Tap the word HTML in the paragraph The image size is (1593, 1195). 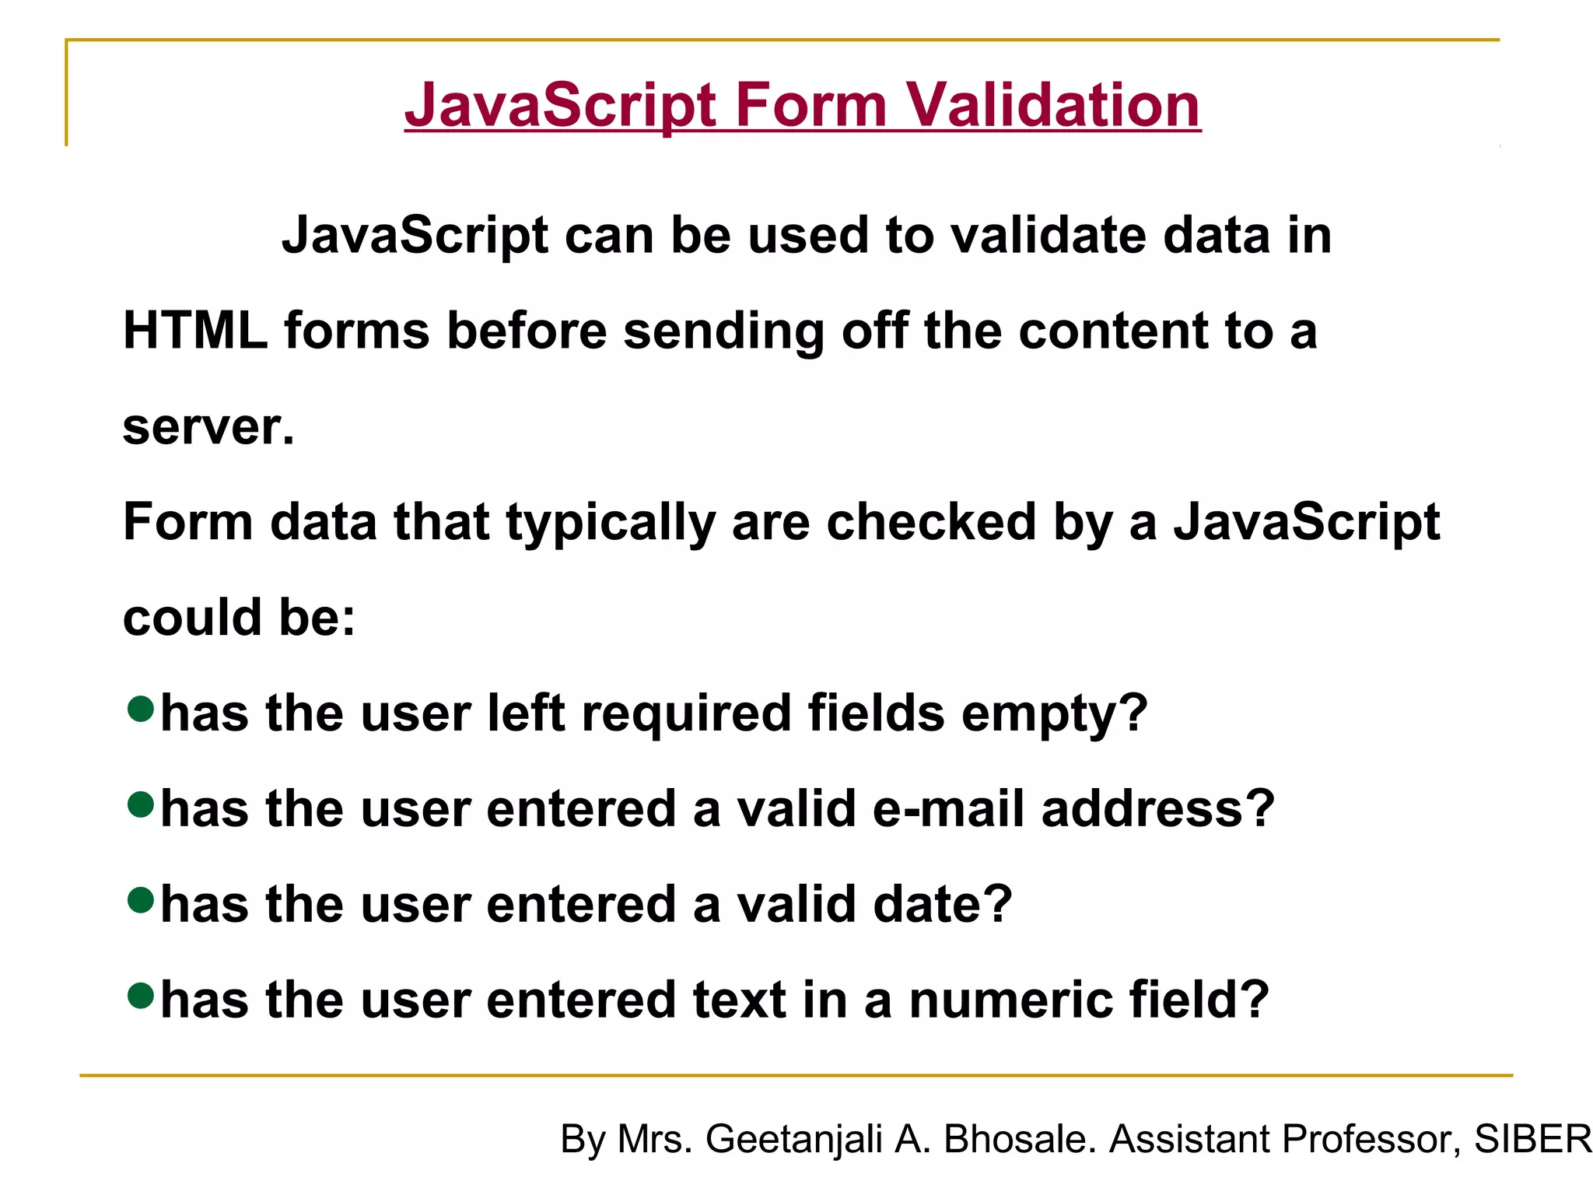(x=195, y=331)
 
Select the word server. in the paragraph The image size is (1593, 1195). (x=208, y=427)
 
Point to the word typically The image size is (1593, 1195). (x=610, y=523)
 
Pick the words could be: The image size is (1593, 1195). (x=239, y=618)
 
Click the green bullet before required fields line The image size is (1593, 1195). (x=141, y=709)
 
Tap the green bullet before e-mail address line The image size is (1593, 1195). (x=141, y=804)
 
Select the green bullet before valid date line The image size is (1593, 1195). (x=141, y=900)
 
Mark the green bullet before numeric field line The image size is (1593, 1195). (x=141, y=996)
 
